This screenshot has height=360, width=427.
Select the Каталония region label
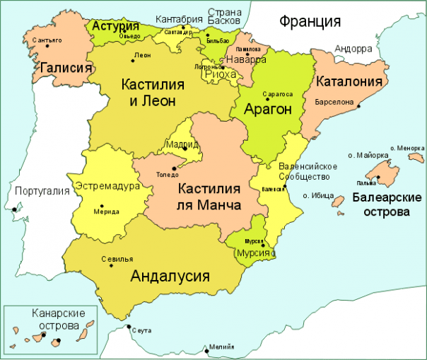click(x=349, y=81)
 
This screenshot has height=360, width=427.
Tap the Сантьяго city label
click(x=47, y=40)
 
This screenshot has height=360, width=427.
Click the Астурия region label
click(x=115, y=26)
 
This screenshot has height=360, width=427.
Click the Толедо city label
click(x=168, y=171)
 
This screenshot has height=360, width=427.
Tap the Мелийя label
click(x=218, y=348)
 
